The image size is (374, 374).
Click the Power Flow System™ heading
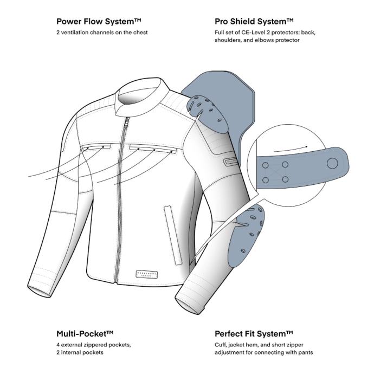click(99, 22)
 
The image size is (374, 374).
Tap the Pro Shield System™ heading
click(254, 22)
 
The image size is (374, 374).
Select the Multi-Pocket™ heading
click(87, 333)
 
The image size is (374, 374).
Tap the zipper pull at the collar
click(128, 119)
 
